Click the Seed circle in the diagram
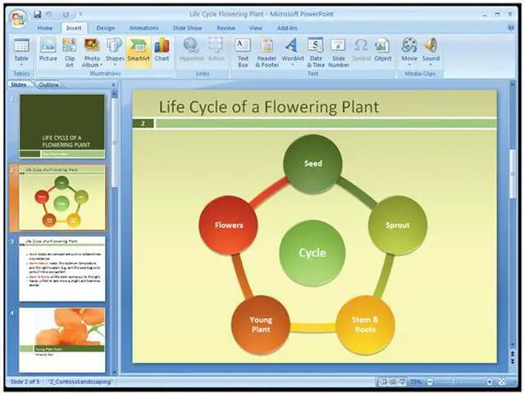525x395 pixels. click(x=313, y=163)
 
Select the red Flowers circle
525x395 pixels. click(x=229, y=225)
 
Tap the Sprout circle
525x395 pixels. click(x=397, y=225)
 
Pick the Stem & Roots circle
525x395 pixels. click(x=365, y=324)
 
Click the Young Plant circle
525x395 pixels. click(x=261, y=325)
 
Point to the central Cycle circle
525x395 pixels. click(x=313, y=252)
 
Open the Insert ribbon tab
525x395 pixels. click(x=74, y=28)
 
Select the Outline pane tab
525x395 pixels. click(x=48, y=84)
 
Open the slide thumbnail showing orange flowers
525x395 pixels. click(x=62, y=339)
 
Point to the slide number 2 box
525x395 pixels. click(x=143, y=124)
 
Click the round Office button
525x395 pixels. click(x=17, y=18)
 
